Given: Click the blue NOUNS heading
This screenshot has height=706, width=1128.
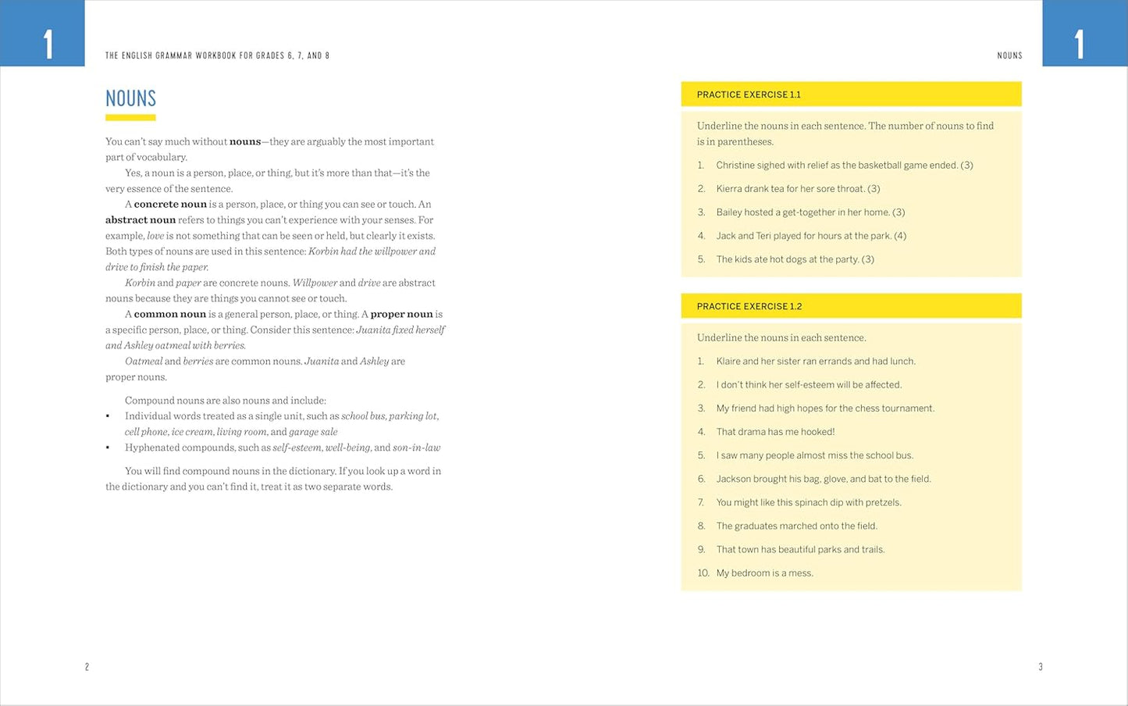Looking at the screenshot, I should point(130,98).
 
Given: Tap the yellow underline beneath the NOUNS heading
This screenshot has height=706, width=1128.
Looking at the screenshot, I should point(130,118).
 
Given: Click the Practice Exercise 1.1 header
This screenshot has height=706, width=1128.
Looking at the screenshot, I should point(749,94).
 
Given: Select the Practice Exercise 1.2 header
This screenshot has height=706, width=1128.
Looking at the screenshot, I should point(749,306).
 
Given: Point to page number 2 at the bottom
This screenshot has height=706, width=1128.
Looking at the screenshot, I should point(87,667).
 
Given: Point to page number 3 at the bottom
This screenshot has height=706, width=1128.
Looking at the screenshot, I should point(1040,667).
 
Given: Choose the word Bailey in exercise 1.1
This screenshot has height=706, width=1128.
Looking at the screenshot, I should point(729,212).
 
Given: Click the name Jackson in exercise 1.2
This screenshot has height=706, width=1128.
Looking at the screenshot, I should point(734,479).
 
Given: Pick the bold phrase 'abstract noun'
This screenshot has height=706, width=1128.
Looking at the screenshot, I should point(141,220).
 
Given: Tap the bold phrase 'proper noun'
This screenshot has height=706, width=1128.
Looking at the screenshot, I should point(401,314).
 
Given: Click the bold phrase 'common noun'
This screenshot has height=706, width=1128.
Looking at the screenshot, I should point(169,314).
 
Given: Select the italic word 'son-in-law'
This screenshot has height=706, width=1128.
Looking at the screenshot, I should point(416,447).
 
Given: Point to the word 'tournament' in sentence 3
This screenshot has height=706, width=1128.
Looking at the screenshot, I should point(907,408).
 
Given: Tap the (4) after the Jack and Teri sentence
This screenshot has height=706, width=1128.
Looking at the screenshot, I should point(900,236).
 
